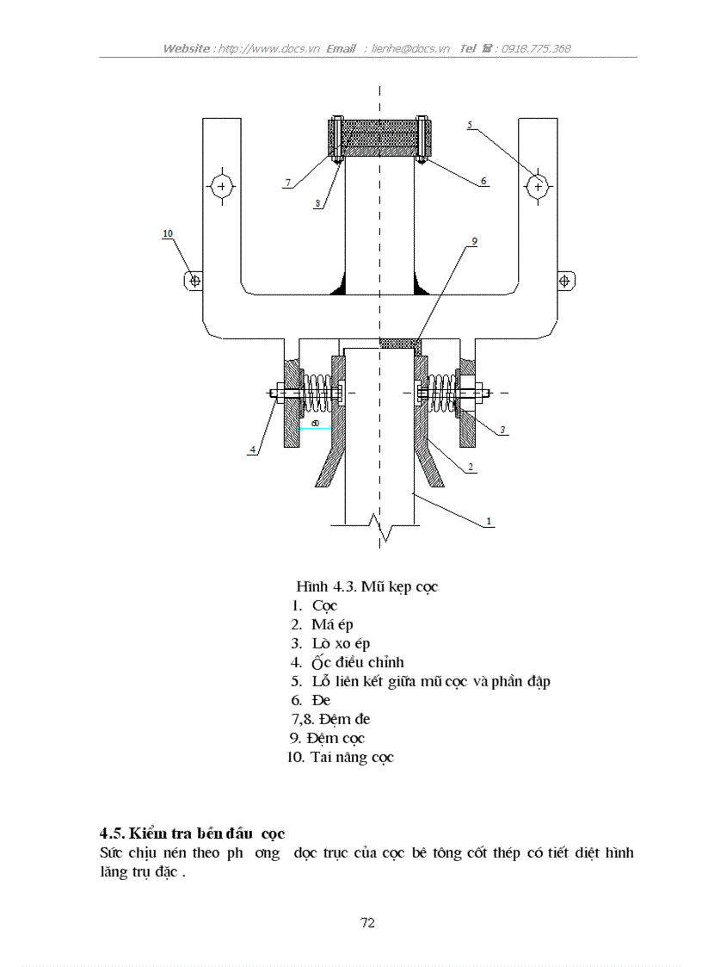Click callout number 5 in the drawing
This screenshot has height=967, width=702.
470,126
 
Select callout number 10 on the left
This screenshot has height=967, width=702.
167,233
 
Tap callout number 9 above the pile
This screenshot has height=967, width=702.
472,243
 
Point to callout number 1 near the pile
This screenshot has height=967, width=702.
489,521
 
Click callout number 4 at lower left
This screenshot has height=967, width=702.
253,449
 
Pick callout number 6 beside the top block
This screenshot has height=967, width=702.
483,182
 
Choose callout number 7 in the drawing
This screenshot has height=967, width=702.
288,183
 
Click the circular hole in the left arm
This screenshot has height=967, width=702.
222,186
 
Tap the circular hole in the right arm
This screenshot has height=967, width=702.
539,186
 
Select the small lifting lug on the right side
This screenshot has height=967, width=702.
566,281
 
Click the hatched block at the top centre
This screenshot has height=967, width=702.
379,138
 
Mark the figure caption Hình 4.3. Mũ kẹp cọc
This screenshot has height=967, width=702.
367,586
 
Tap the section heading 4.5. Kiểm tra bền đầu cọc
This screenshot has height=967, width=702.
191,834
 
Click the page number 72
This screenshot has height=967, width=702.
367,923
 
